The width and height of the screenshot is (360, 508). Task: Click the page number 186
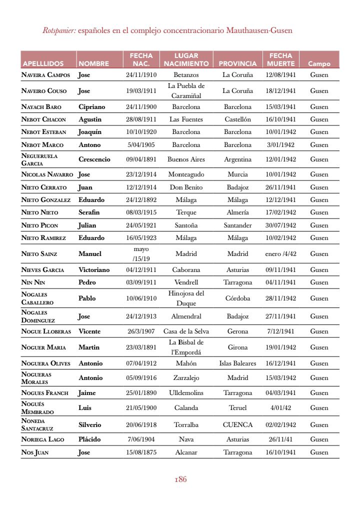click(180, 479)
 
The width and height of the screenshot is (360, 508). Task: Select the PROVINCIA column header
click(237, 63)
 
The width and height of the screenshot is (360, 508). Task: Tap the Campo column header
click(319, 64)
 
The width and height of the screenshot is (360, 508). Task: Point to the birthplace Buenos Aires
click(186, 159)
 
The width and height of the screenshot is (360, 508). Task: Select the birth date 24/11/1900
click(141, 107)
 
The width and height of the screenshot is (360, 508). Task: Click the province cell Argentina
click(237, 159)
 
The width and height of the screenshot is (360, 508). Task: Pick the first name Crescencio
click(94, 159)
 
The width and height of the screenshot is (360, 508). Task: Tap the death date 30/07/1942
click(280, 225)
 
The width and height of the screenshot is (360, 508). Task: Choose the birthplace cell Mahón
click(186, 363)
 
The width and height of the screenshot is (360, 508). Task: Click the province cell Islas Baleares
click(237, 363)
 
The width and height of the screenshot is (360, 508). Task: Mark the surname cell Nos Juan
click(34, 452)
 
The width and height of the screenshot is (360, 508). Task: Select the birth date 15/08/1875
click(141, 452)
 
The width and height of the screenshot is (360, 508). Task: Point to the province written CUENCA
click(237, 425)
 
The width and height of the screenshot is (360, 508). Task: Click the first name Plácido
click(89, 439)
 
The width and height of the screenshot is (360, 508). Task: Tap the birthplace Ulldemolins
click(186, 393)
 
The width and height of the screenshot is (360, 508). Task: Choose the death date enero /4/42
click(280, 254)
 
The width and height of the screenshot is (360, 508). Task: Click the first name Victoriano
click(94, 270)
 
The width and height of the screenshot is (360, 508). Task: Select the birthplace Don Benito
click(186, 187)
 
